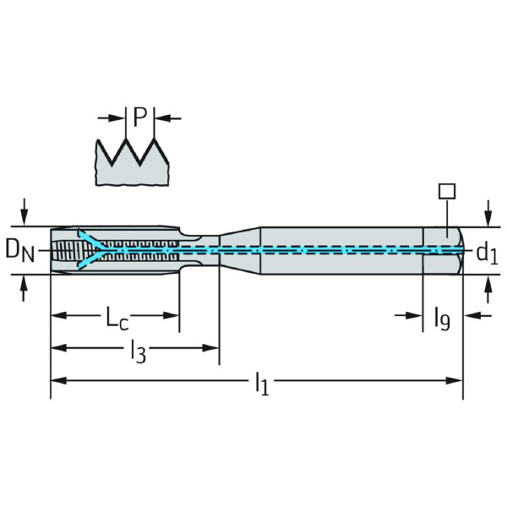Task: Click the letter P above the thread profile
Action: [x=139, y=117]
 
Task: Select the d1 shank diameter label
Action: [x=485, y=251]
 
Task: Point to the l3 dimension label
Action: [x=137, y=350]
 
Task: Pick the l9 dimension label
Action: [x=442, y=319]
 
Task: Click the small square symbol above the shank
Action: [x=448, y=191]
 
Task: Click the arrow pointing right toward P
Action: [x=113, y=117]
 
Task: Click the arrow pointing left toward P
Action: [x=166, y=117]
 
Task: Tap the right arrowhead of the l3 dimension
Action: [x=212, y=348]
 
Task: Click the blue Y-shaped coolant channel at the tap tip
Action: [x=93, y=250]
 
